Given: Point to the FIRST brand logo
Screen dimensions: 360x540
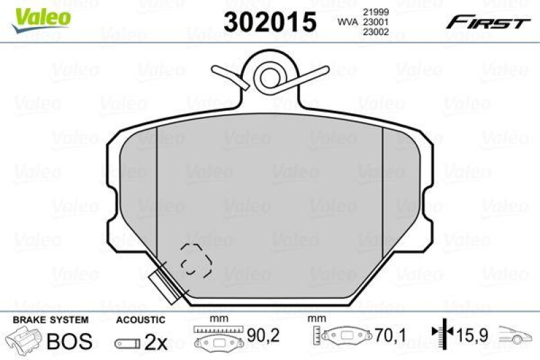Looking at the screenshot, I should (487, 22).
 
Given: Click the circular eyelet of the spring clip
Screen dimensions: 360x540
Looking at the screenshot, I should (270, 76).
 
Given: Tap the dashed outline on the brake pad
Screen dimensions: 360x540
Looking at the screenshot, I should (194, 259).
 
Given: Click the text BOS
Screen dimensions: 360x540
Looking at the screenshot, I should (69, 342).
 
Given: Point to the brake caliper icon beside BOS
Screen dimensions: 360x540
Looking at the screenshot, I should (25, 341).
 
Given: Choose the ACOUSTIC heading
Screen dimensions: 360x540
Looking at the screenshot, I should (140, 319).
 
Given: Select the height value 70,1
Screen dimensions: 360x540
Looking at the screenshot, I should (387, 334).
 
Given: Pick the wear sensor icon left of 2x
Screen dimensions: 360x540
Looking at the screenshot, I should (128, 343).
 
